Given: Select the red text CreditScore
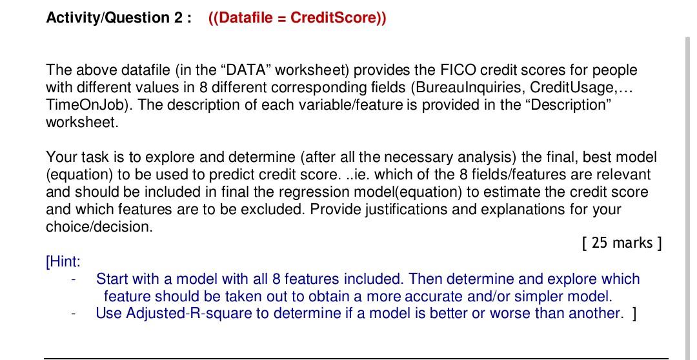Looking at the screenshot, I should coord(336,17).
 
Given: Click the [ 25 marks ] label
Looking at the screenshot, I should coord(621,243).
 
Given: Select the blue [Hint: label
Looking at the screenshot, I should coord(63,261).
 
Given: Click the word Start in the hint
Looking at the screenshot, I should coord(112,279).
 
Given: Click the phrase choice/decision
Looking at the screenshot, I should coord(99,227).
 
